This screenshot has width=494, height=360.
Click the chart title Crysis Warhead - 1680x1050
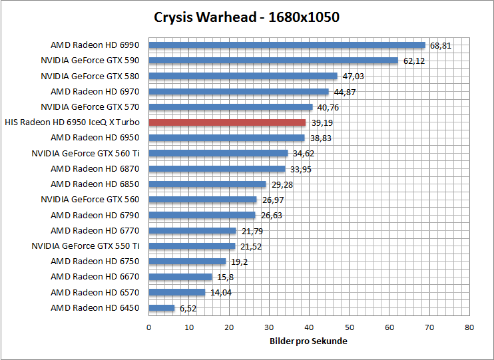246,17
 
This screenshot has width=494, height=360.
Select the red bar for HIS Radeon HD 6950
227,122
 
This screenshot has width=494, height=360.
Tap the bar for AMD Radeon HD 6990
287,45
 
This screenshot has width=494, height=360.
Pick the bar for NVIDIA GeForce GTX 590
273,61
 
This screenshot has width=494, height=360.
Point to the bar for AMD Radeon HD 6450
162,308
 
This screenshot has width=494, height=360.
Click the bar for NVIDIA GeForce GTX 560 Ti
218,153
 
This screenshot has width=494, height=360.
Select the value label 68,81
441,46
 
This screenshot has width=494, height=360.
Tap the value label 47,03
353,77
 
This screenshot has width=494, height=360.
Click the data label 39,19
322,123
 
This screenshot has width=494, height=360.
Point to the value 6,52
187,309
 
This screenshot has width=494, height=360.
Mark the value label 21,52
250,247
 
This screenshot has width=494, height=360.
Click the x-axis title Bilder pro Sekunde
308,341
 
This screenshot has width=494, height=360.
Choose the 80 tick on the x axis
469,327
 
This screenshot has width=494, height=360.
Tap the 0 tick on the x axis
148,327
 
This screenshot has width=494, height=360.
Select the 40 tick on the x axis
309,327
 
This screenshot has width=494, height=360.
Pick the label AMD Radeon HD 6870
95,168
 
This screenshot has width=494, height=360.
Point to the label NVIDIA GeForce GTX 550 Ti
85,246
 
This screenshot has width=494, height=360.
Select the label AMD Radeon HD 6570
95,292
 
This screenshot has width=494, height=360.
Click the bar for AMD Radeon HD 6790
202,215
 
